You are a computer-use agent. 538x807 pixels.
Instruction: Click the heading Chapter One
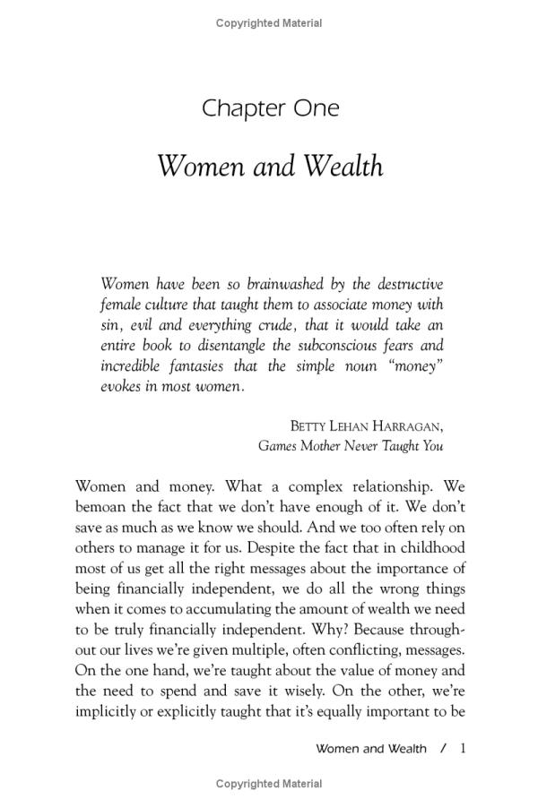[270, 108]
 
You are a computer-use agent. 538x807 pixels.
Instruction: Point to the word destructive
[404, 283]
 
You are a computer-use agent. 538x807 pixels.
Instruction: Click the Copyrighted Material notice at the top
[269, 23]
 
